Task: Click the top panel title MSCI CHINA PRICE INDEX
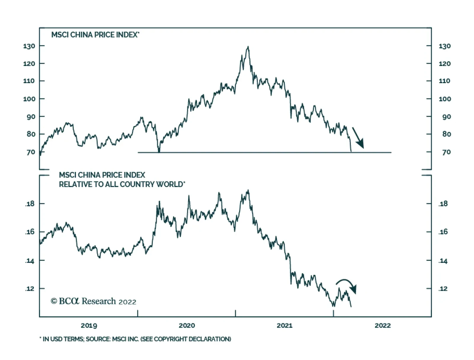pyautogui.click(x=95, y=35)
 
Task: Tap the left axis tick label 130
pyautogui.click(x=29, y=46)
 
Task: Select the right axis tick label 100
pyautogui.click(x=445, y=99)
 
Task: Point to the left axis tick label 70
pyautogui.click(x=31, y=152)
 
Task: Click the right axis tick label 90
pyautogui.click(x=446, y=117)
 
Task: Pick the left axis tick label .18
pyautogui.click(x=30, y=204)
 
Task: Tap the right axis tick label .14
pyautogui.click(x=443, y=261)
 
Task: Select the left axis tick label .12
pyautogui.click(x=30, y=289)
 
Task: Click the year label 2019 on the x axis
pyautogui.click(x=89, y=326)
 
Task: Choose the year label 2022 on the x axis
pyautogui.click(x=382, y=326)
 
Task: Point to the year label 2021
pyautogui.click(x=284, y=326)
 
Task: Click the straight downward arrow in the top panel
pyautogui.click(x=358, y=138)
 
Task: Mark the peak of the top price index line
pyautogui.click(x=248, y=47)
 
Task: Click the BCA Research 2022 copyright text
pyautogui.click(x=93, y=301)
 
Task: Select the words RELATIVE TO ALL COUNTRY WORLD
pyautogui.click(x=121, y=184)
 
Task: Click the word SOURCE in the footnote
pyautogui.click(x=98, y=339)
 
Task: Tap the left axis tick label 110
pyautogui.click(x=29, y=81)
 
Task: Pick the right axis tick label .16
pyautogui.click(x=443, y=232)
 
